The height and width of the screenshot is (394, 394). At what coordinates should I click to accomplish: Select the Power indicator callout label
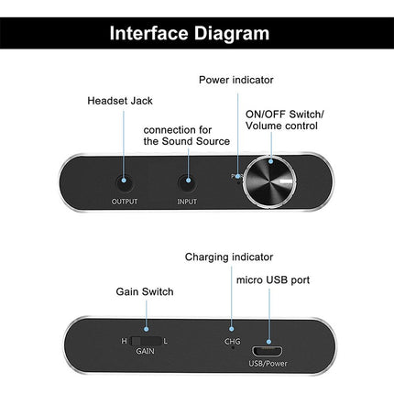235,80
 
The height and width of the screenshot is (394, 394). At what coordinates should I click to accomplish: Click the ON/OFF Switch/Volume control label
284,120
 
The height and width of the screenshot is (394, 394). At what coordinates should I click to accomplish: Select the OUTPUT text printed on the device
125,202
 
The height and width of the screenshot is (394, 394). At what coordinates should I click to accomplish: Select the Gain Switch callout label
145,291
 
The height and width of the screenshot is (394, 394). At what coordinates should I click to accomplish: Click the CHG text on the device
232,341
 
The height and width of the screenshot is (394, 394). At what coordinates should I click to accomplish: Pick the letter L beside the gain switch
165,341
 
